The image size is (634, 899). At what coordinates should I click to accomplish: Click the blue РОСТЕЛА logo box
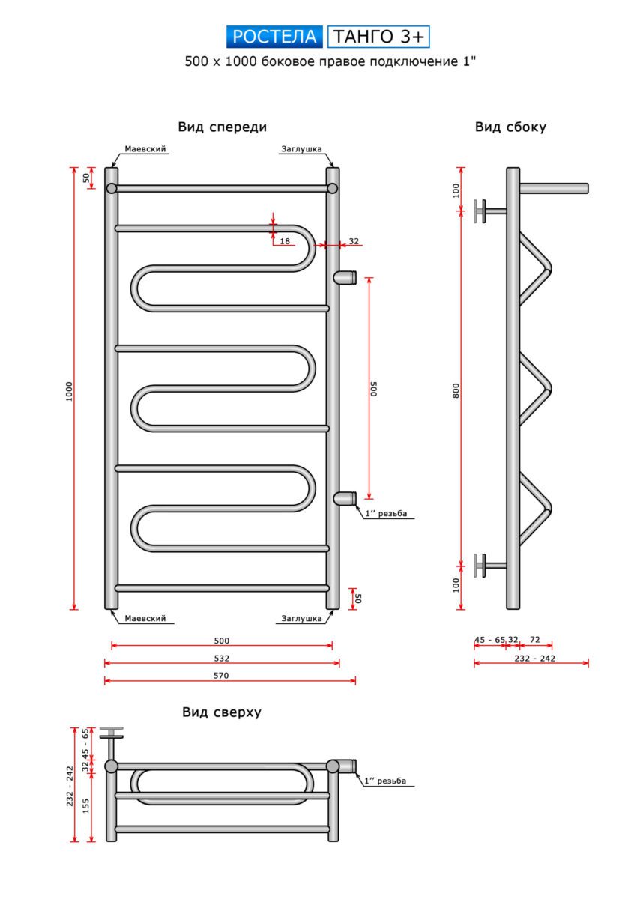(274, 37)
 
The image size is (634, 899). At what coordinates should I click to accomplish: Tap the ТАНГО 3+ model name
(378, 37)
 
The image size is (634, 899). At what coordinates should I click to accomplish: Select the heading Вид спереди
(222, 127)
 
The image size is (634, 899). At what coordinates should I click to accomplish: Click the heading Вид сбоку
(510, 127)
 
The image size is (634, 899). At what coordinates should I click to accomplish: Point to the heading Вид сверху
(222, 712)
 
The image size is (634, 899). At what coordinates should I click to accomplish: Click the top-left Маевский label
(145, 149)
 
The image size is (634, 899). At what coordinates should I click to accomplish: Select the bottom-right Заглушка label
(301, 619)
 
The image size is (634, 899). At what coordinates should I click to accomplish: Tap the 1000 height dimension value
(68, 390)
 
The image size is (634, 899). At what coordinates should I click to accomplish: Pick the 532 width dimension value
(221, 659)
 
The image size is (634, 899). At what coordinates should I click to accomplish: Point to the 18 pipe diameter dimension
(285, 241)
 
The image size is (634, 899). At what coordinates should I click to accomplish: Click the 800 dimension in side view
(456, 390)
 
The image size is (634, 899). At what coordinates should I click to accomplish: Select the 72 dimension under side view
(535, 640)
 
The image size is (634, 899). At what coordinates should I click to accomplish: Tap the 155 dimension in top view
(86, 805)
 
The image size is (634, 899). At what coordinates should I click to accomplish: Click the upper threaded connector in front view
(345, 277)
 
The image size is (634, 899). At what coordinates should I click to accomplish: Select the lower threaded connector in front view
(345, 498)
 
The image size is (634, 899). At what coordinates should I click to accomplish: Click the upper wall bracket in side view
(488, 211)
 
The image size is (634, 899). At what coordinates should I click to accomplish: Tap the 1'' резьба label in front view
(387, 514)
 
